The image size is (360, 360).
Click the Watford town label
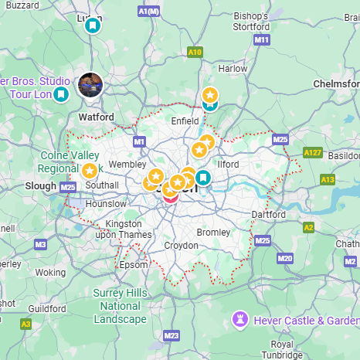[97, 117]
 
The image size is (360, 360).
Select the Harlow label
[233, 68]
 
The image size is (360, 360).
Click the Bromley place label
[213, 232]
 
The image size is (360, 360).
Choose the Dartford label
[270, 215]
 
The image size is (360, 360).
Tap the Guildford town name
[46, 308]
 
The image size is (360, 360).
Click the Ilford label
[228, 164]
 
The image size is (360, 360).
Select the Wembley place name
[127, 165]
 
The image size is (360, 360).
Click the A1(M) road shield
[148, 12]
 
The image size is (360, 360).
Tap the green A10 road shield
[195, 52]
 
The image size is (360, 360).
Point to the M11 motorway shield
[262, 39]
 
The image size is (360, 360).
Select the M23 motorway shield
[172, 335]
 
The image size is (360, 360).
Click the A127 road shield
[312, 153]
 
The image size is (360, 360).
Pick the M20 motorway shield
[285, 257]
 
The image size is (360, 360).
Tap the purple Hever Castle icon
[241, 319]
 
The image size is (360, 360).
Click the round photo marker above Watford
[90, 85]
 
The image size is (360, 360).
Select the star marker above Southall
[90, 171]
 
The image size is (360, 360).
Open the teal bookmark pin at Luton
[93, 25]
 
